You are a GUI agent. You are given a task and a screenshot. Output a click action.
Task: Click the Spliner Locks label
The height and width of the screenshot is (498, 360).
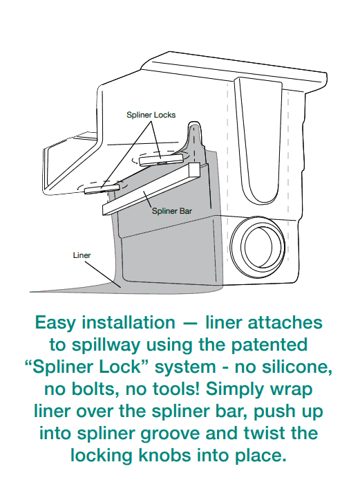coord(151,115)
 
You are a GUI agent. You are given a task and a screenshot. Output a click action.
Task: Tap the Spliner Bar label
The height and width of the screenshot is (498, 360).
coord(172,211)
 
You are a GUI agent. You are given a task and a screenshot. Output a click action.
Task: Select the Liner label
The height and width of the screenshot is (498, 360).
coord(82,255)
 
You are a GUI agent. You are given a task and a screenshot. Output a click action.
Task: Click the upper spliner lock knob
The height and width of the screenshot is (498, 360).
coord(162,159)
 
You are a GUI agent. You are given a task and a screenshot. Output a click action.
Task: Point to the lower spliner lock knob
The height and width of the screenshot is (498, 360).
coord(102,189)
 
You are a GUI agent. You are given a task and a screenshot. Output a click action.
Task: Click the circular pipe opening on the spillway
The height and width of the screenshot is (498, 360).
coord(257,243)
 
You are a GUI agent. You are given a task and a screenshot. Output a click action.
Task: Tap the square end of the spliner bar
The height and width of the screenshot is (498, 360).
coord(194,171)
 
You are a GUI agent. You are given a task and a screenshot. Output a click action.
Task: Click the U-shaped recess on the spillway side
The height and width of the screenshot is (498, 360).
coord(258,140)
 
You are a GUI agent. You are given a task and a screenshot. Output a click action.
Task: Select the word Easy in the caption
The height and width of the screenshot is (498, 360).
coord(55,323)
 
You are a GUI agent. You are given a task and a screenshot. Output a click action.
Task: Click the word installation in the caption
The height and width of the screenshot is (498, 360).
coord(129,322)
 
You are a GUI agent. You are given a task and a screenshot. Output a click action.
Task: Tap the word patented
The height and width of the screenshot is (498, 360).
coord(269,345)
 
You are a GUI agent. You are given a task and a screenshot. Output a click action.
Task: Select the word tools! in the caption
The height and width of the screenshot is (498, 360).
coord(177,389)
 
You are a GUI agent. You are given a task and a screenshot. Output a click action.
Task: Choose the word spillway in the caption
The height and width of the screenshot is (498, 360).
coord(106,345)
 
